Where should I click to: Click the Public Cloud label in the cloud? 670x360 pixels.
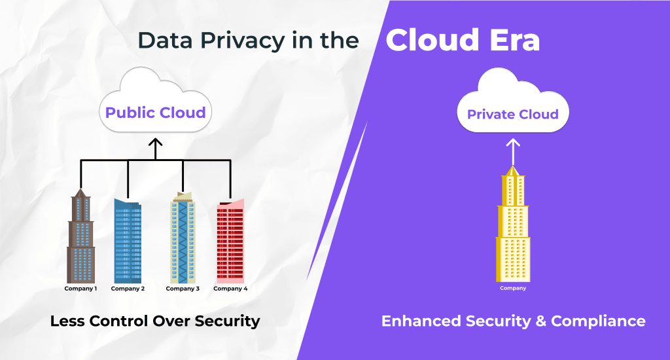156,113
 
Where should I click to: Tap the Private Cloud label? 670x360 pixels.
513,115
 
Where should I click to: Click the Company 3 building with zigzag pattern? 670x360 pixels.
183,239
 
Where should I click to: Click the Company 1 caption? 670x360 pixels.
80,289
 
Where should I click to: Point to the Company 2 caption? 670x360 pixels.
128,289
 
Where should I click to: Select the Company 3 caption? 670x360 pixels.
183,289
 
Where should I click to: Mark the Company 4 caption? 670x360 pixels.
231,289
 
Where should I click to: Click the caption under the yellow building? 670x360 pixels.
513,288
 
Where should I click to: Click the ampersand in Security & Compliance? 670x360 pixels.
540,321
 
